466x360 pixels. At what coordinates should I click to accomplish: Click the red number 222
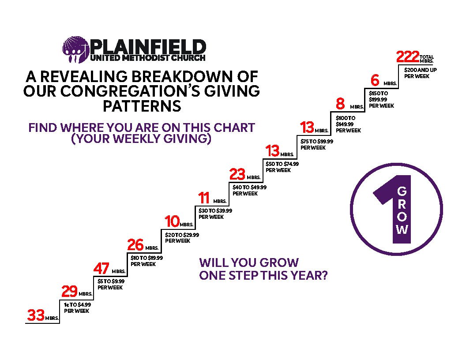pos(408,57)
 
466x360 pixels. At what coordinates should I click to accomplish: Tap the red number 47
pos(101,269)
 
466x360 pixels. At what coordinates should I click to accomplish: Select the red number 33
pos(36,315)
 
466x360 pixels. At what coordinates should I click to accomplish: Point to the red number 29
pos(70,291)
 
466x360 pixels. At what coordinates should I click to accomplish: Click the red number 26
pos(135,245)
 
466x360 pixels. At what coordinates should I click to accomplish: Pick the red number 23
pos(237,174)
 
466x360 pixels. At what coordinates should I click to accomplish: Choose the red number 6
pos(375,80)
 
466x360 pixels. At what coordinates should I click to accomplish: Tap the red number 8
pos(340,104)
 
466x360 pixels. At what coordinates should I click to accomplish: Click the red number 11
pos(204,198)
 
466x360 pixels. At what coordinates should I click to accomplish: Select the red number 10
pos(172,221)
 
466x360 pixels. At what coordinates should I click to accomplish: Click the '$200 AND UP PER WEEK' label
pos(420,73)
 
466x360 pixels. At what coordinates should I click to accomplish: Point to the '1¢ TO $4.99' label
pos(77,305)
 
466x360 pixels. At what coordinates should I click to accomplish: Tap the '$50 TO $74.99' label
pos(282,164)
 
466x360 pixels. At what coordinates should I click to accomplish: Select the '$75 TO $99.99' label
pos(317,141)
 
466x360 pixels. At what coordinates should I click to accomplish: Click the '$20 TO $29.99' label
pos(182,235)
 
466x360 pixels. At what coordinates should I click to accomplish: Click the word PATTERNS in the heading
pos(142,106)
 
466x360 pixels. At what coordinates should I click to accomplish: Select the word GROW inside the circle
pos(402,210)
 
